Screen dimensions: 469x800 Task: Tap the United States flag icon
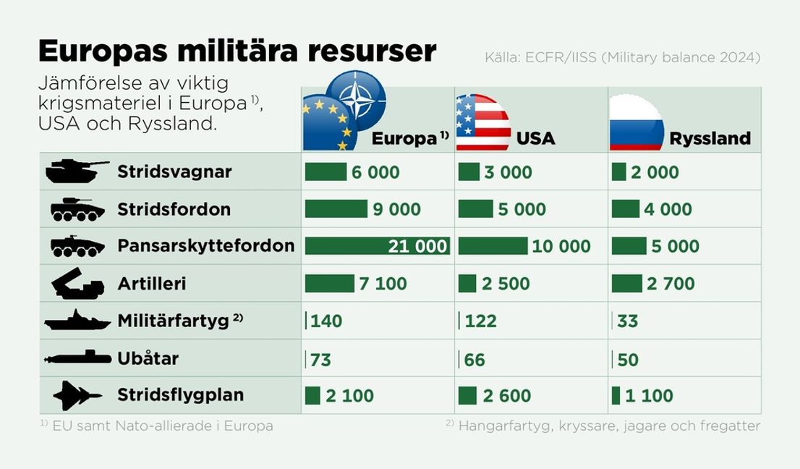pos(482,122)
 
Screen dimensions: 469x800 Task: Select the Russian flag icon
pos(637,122)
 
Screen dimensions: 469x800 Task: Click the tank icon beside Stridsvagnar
pos(77,172)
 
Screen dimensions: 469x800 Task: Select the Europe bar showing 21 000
pos(377,246)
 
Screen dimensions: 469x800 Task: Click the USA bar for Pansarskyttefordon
pos(493,246)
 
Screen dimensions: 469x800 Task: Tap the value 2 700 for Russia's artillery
pos(671,284)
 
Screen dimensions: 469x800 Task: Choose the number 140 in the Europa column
pos(326,321)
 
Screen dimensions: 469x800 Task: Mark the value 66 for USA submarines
pos(475,358)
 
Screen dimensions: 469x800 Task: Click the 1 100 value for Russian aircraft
pos(649,396)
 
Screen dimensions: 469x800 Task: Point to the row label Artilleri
pos(151,284)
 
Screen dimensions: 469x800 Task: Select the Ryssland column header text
pos(710,138)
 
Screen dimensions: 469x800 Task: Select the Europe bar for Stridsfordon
pos(336,209)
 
